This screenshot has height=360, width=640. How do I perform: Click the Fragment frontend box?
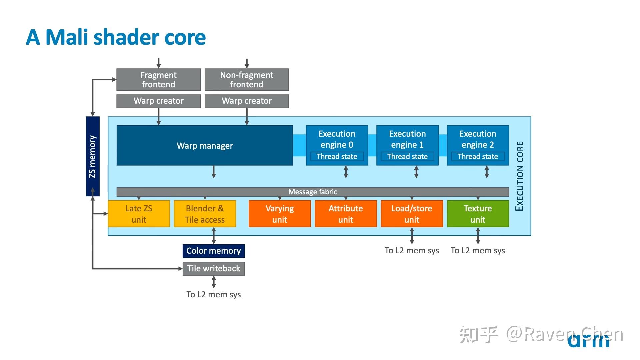tap(159, 79)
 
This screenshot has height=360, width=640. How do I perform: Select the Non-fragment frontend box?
tap(247, 79)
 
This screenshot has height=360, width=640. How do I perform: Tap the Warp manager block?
tap(205, 145)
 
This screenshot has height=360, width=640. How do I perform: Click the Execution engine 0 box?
tap(337, 145)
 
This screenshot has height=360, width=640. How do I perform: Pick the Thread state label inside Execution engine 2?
tap(478, 156)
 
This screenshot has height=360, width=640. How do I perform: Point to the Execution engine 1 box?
tap(407, 145)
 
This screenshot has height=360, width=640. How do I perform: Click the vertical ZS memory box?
tap(93, 156)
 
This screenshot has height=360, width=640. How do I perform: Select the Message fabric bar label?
tap(313, 192)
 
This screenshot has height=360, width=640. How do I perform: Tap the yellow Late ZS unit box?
tap(139, 214)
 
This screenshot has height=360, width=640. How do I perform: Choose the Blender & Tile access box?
tap(205, 214)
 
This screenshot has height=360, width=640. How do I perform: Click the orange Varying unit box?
tap(280, 214)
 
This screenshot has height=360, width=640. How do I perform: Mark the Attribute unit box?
tap(346, 214)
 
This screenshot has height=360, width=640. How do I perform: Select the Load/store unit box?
tap(412, 214)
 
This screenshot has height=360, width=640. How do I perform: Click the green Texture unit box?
tap(478, 214)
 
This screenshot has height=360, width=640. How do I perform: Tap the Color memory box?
tap(214, 251)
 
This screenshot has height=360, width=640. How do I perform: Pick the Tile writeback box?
tap(214, 269)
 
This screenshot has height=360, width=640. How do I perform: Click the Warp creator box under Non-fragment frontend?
tap(247, 101)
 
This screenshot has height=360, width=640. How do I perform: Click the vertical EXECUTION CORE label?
tap(520, 176)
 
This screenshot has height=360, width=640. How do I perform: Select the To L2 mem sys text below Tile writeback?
tap(214, 294)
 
